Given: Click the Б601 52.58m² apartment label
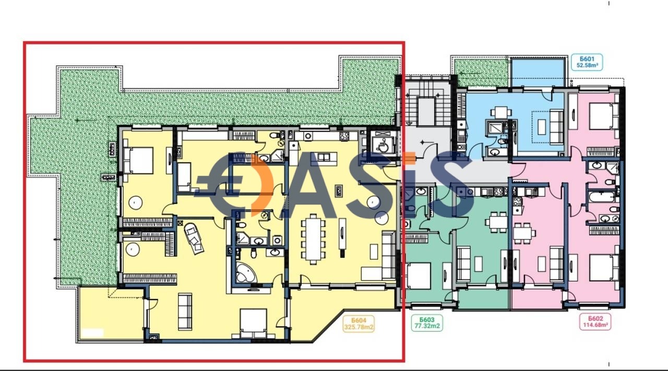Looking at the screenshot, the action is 587,62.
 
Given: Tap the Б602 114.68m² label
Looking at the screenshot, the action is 595,322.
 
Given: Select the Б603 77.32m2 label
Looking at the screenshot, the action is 427,322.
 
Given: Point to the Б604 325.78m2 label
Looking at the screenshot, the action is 359,324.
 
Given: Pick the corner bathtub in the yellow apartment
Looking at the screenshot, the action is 246,272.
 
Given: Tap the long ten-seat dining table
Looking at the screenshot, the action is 313,239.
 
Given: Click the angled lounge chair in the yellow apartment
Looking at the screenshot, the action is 194,238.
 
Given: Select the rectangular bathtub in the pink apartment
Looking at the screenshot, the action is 602,197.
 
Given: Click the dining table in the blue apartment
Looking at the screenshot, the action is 499,112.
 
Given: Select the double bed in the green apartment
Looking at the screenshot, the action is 418,276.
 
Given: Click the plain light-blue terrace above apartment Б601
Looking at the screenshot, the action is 538,72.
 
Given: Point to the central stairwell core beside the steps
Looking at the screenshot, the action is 426,111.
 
